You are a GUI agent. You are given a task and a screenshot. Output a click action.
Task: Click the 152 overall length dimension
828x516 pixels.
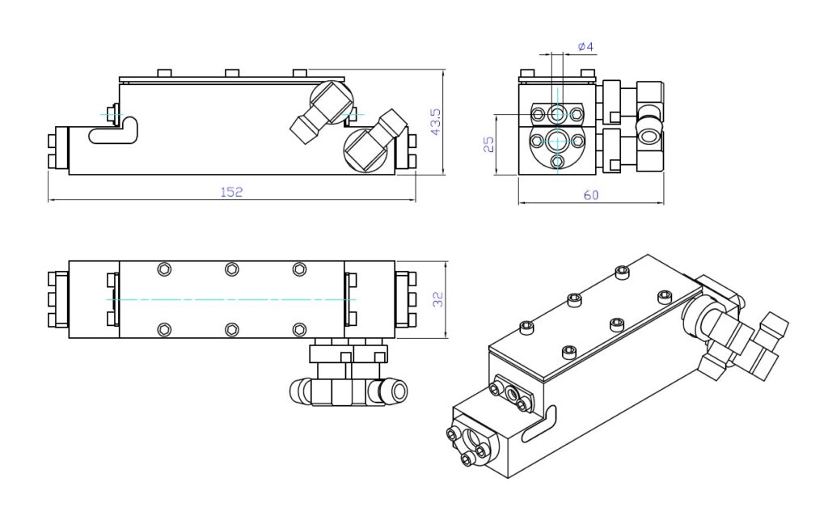(x=232, y=192)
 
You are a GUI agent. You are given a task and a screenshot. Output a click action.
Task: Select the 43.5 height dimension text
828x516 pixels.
(x=436, y=121)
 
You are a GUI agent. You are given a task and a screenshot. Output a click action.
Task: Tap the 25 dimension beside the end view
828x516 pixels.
(x=488, y=144)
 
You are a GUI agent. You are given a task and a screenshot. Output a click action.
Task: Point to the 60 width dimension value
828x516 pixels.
(x=591, y=195)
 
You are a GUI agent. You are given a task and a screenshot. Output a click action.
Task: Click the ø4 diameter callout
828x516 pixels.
(x=586, y=48)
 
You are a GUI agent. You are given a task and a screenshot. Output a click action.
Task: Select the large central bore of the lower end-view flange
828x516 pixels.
(x=557, y=141)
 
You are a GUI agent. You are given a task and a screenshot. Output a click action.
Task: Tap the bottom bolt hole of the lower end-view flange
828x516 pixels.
(x=557, y=162)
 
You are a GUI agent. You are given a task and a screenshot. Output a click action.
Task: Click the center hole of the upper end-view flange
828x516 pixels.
(x=557, y=112)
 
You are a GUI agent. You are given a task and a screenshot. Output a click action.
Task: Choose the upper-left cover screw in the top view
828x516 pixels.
(x=165, y=269)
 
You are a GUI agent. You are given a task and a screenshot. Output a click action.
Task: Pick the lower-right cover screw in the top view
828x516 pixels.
(x=300, y=328)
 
